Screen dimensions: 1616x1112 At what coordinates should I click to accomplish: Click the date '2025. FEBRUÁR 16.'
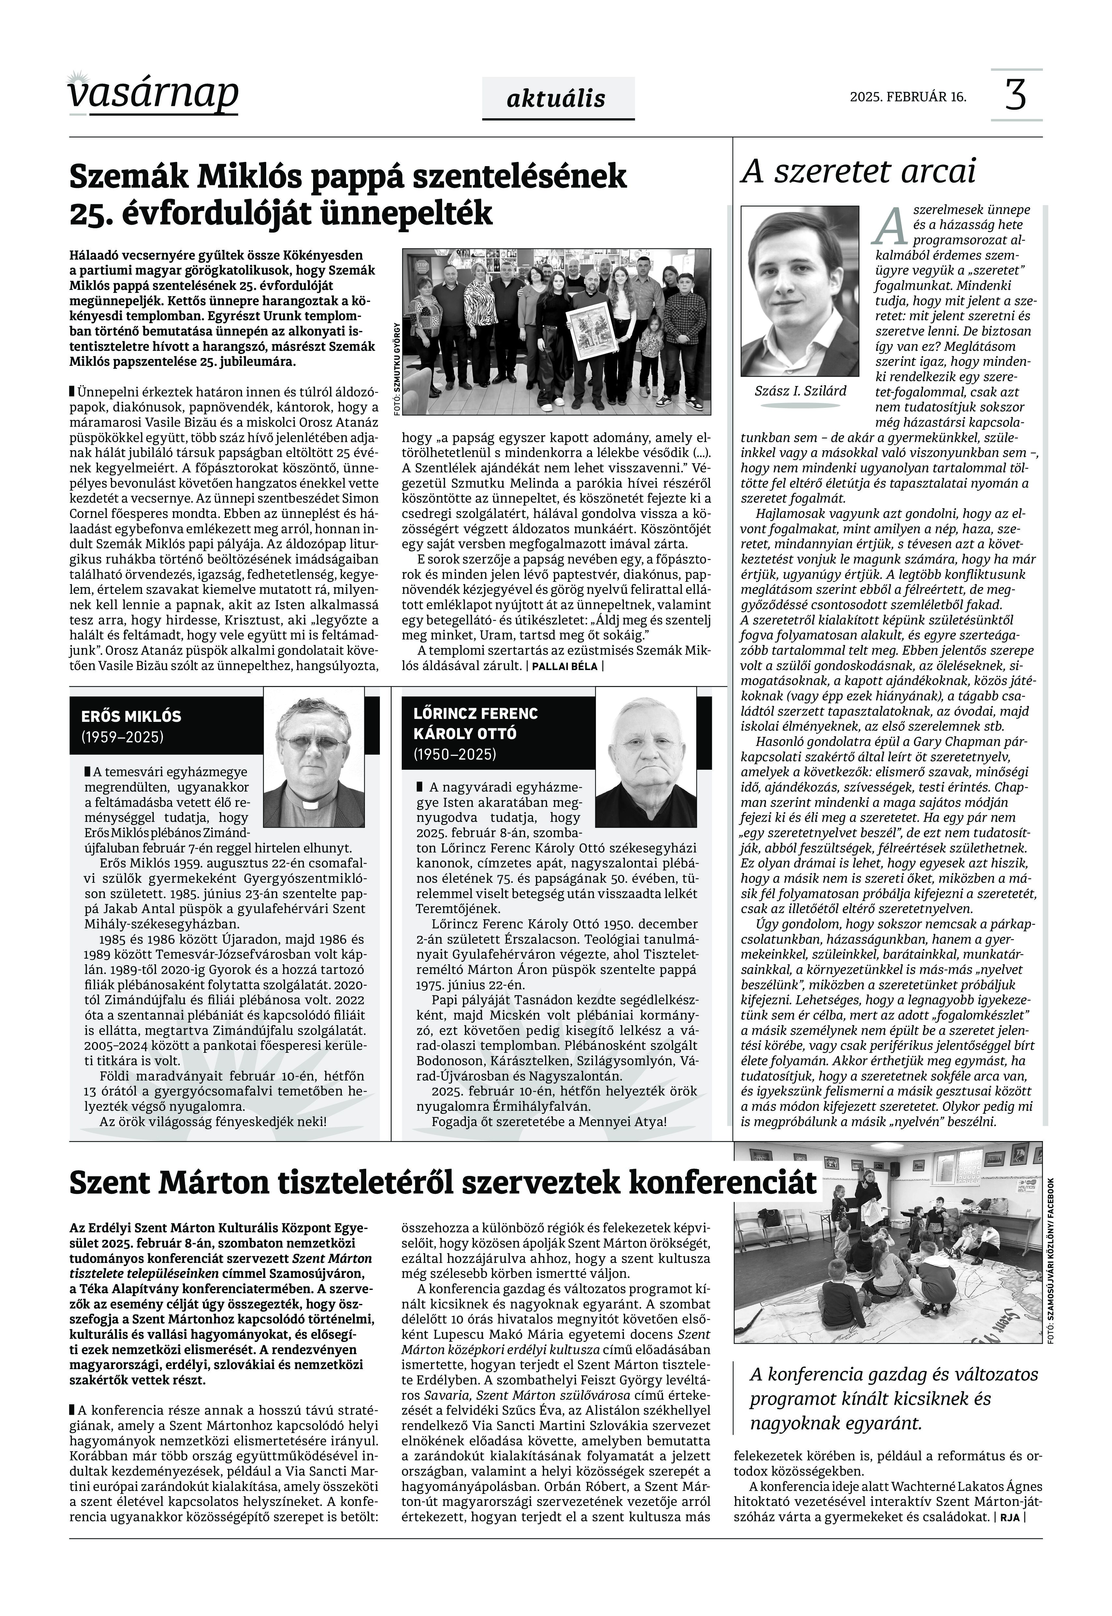tap(908, 97)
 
